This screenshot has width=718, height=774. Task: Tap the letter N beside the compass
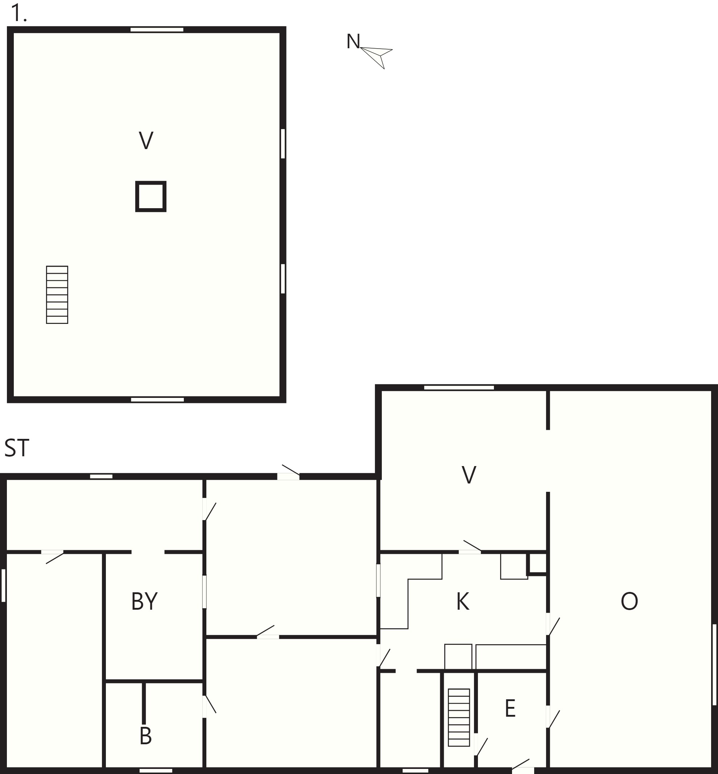pyautogui.click(x=353, y=41)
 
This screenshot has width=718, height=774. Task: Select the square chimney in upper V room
pyautogui.click(x=151, y=196)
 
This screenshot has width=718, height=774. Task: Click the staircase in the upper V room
pyautogui.click(x=57, y=295)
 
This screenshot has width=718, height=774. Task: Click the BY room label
pyautogui.click(x=144, y=601)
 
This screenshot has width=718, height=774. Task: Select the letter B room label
pyautogui.click(x=145, y=736)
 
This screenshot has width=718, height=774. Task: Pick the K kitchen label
pyautogui.click(x=463, y=601)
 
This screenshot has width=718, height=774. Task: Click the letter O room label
pyautogui.click(x=629, y=601)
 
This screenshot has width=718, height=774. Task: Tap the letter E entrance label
pyautogui.click(x=510, y=708)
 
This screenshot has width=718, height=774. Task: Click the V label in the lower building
pyautogui.click(x=469, y=474)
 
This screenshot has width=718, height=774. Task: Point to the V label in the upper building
pyautogui.click(x=146, y=140)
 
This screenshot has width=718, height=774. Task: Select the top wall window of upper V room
pyautogui.click(x=157, y=29)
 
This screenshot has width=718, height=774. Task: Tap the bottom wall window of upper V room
pyautogui.click(x=157, y=399)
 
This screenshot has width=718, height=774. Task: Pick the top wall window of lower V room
pyautogui.click(x=459, y=387)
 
